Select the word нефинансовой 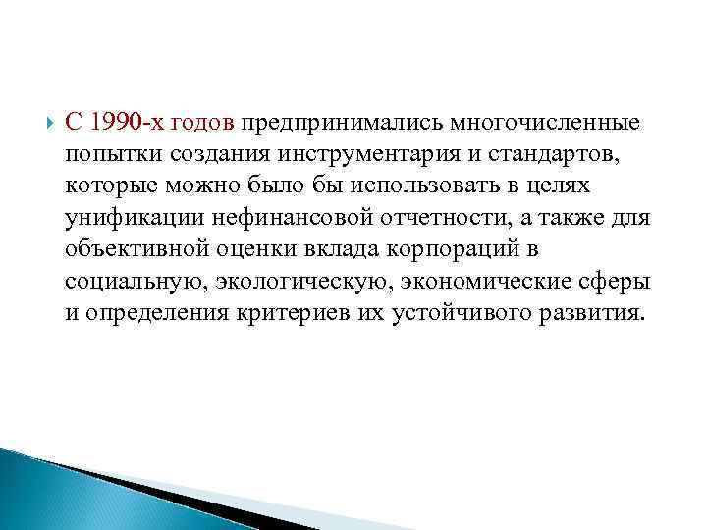pyautogui.click(x=278, y=219)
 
